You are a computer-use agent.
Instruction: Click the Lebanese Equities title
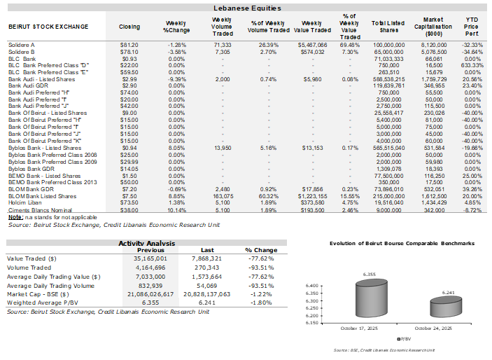point(247,8)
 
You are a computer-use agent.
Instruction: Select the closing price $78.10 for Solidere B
point(129,52)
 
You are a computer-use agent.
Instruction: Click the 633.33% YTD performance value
point(473,65)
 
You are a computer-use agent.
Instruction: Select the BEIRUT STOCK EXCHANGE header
point(48,27)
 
